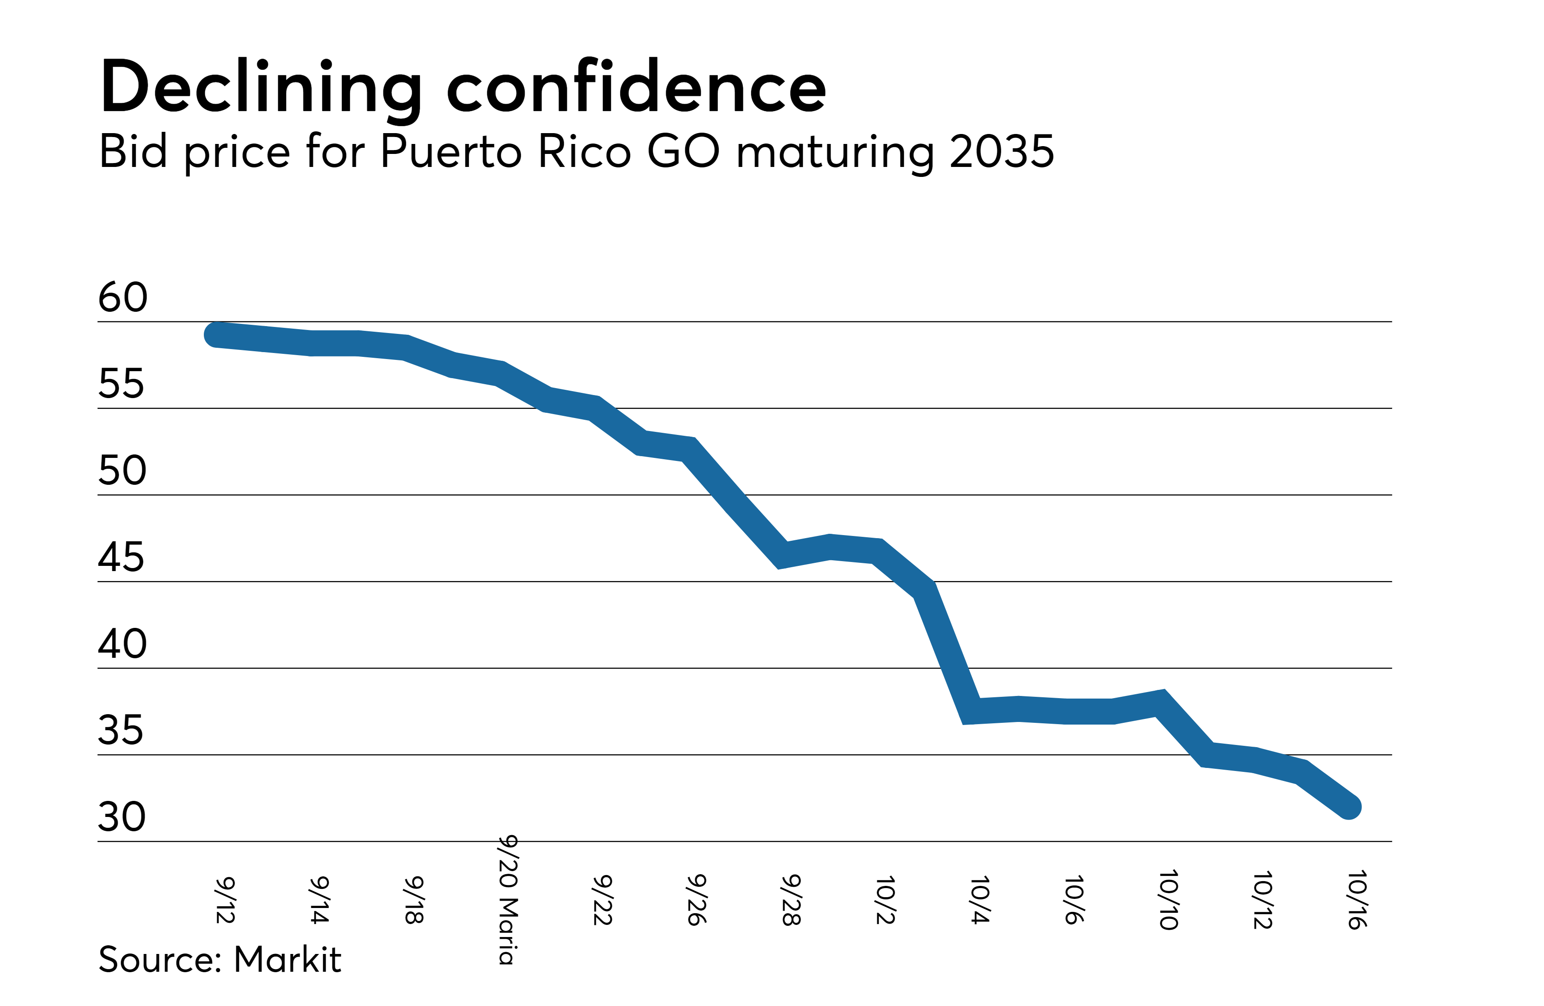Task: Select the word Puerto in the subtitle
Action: [x=451, y=152]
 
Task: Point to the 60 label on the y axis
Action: [x=123, y=298]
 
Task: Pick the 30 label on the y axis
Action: [x=122, y=817]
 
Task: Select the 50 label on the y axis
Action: [x=122, y=471]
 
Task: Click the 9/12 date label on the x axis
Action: [x=225, y=900]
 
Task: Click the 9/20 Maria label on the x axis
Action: [x=508, y=900]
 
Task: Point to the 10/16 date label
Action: [x=1357, y=900]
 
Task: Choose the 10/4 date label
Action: [x=980, y=900]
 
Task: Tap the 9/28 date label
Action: [x=791, y=900]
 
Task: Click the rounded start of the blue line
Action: [x=216, y=335]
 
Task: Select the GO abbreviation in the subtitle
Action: [x=683, y=152]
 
